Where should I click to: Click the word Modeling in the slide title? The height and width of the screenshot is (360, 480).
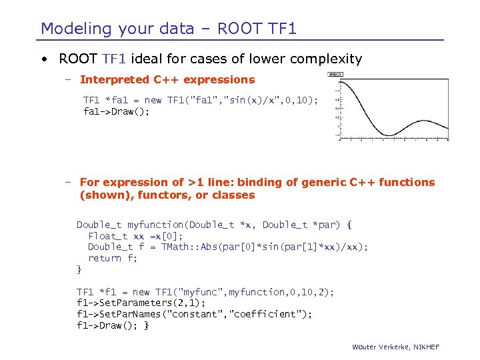75,29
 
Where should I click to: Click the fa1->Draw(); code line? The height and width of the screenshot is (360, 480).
116,111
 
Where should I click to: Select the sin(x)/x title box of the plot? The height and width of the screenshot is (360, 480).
335,74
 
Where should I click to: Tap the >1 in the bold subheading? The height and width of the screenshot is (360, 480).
196,182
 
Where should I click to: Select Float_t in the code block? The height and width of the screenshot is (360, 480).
108,236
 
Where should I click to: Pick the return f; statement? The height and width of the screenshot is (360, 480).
113,258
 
